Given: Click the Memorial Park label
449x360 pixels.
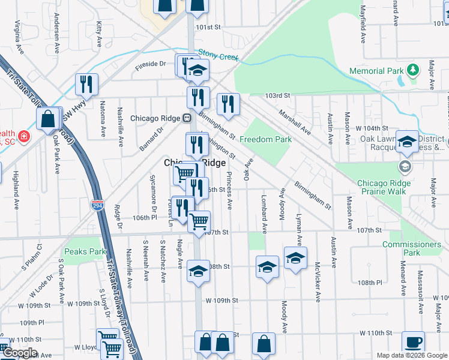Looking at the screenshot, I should click(376, 71).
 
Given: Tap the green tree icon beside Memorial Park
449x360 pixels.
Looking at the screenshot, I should click(412, 70).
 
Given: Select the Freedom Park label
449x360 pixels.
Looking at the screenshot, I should click(265, 139).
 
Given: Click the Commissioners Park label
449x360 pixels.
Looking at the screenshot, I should click(411, 248).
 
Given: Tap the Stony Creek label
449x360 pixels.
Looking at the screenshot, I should click(218, 55).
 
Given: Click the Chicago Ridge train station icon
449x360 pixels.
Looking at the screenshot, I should click(187, 118).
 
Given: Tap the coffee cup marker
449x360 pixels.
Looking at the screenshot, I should click(412, 341).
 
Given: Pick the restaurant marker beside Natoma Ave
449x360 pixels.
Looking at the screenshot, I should click(86, 85).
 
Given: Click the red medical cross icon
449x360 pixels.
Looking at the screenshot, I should click(23, 137).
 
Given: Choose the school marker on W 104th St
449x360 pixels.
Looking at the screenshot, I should click(407, 142).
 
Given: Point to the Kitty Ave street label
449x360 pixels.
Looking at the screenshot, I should click(99, 28).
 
